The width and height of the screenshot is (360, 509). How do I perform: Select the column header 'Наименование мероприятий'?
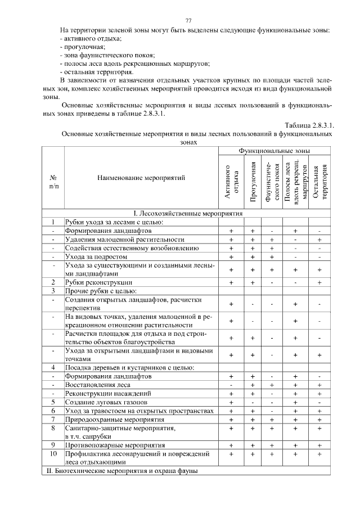tap(141, 178)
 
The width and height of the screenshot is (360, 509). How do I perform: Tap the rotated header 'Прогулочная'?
tap(253, 182)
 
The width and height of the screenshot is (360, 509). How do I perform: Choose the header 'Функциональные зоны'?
tap(274, 151)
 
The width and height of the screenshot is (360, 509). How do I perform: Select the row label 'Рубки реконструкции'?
tap(99, 282)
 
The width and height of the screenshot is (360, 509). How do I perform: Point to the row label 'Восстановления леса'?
tap(98, 385)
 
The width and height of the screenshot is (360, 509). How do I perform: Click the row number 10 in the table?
tap(53, 453)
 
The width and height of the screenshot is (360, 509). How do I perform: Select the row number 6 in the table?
tap(53, 411)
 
